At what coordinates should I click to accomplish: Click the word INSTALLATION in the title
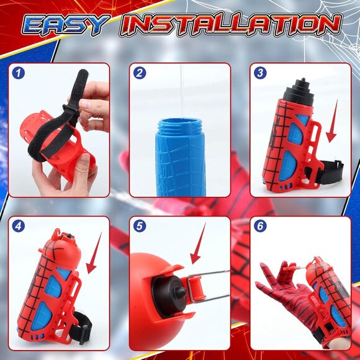pos(231,24)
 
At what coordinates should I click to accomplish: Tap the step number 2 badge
pos(140,74)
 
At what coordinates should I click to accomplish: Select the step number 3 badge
pos(261,74)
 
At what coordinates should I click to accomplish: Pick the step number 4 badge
pos(19,227)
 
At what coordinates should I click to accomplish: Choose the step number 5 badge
pos(140,227)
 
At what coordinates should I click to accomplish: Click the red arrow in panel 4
pos(92,259)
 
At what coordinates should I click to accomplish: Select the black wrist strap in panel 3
pos(330,170)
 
